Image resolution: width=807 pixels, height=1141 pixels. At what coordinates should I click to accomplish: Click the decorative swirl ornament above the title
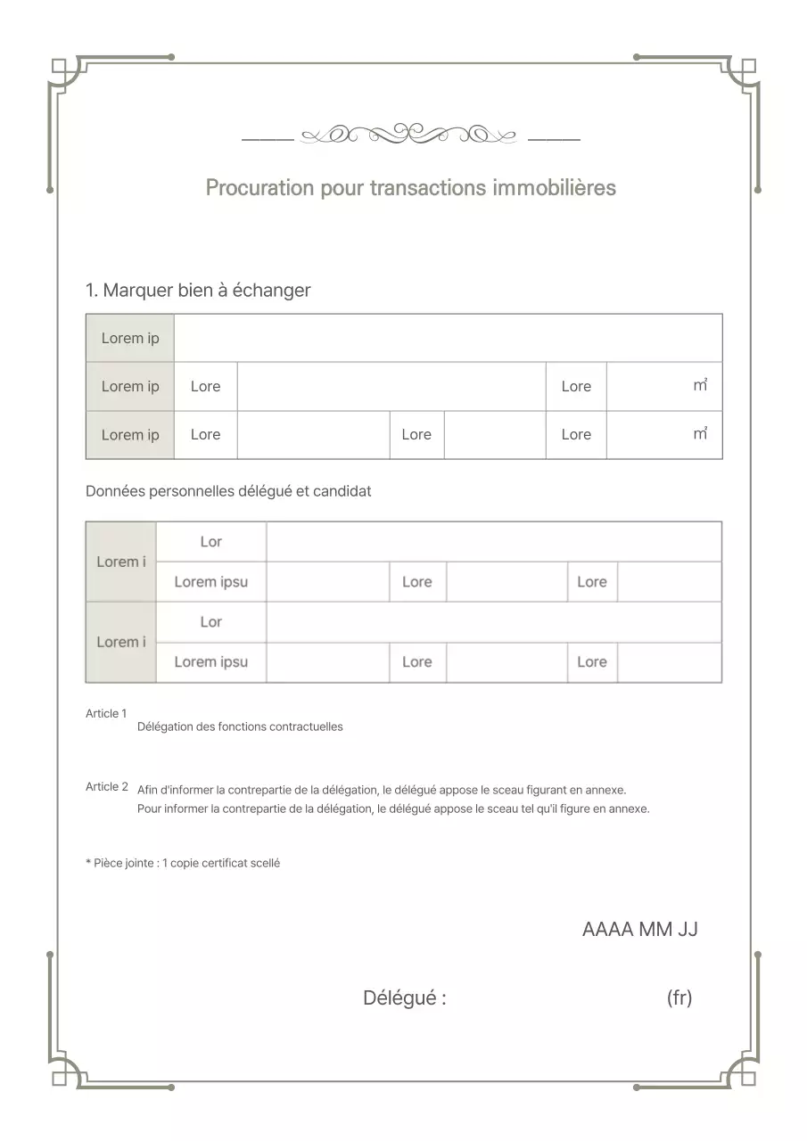(409, 135)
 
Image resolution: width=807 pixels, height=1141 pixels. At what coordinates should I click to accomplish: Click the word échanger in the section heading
(271, 291)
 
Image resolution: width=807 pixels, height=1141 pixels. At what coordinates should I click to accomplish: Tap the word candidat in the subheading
(342, 491)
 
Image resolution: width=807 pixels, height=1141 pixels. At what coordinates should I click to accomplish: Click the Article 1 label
(106, 714)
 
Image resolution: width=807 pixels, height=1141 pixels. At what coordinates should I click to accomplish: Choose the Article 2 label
(106, 787)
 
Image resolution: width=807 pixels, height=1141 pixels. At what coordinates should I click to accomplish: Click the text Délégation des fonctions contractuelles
(240, 727)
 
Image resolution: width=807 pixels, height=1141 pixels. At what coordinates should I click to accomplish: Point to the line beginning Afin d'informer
(382, 791)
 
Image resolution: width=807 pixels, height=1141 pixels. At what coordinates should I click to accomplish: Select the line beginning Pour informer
(393, 809)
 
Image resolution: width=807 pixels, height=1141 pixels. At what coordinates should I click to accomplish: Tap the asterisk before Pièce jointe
(88, 863)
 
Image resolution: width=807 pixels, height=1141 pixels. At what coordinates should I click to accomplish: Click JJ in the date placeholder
(688, 930)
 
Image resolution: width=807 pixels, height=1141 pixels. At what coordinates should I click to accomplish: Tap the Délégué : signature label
(404, 998)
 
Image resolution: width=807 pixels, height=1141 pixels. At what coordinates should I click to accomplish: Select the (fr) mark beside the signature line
(679, 998)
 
